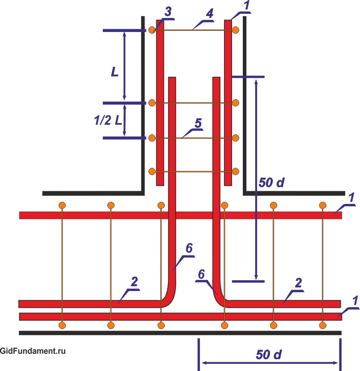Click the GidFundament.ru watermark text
(33, 351)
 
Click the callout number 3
(168, 12)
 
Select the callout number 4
(210, 14)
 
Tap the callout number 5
(198, 123)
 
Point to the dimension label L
(115, 72)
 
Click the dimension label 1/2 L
(108, 120)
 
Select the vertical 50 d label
(272, 182)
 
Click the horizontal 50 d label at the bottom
(269, 355)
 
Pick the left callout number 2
(134, 281)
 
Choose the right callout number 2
(298, 283)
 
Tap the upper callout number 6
(189, 248)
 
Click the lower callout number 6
(202, 274)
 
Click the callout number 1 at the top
(247, 5)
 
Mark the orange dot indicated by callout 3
(152, 30)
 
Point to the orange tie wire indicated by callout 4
(194, 30)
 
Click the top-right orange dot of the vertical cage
(236, 30)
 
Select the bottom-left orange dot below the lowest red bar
(62, 325)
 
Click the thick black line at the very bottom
(180, 333)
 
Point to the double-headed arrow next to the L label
(124, 66)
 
